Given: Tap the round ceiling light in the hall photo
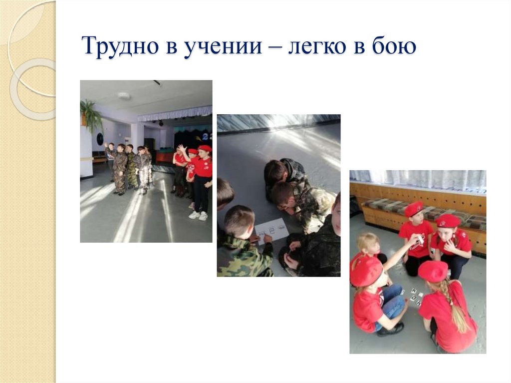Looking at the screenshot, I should (x=124, y=95).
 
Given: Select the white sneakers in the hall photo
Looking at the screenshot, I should (x=198, y=215).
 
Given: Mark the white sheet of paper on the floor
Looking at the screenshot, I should (x=271, y=229).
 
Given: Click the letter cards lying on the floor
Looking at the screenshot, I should (x=416, y=295).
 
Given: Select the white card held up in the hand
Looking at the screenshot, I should (x=420, y=240).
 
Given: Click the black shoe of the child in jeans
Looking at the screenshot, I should (x=392, y=329).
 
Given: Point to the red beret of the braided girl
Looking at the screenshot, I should (x=433, y=271).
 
